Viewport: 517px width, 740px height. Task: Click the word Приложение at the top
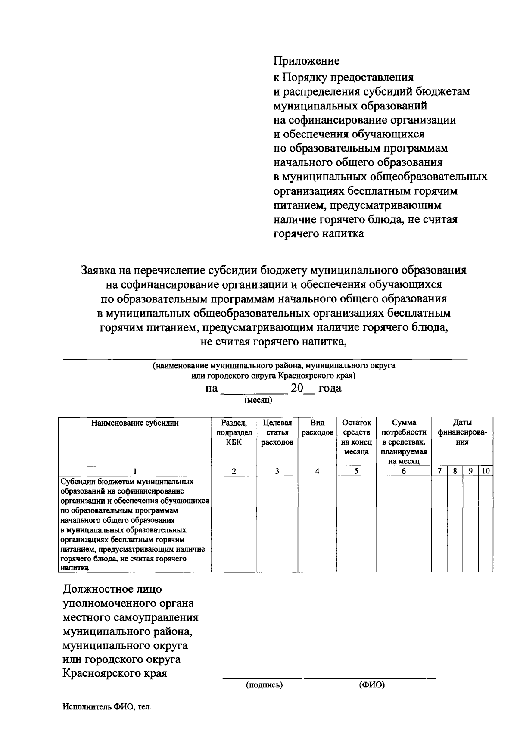[x=306, y=61]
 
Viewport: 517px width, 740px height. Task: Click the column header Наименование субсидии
[x=134, y=423]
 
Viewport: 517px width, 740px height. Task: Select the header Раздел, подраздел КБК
[x=234, y=432]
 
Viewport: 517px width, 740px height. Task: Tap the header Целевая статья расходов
[x=277, y=432]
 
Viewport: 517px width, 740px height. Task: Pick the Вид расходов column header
[x=317, y=428]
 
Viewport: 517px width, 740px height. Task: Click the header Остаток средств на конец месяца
[x=356, y=437]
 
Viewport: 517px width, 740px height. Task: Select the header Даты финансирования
[x=462, y=432]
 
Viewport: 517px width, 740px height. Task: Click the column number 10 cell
[x=486, y=471]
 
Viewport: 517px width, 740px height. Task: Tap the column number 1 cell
[x=134, y=471]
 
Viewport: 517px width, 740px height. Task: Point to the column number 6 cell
[x=404, y=471]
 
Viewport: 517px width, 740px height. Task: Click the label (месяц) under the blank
[x=258, y=400]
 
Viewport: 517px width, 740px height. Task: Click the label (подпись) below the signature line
[x=264, y=685]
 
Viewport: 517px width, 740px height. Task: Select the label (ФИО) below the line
[x=371, y=685]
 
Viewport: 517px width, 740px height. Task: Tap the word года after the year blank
[x=330, y=388]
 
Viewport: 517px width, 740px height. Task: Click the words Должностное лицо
[x=112, y=589]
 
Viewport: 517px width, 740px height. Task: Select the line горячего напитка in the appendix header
[x=319, y=234]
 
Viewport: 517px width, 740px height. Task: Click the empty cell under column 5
[x=356, y=523]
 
